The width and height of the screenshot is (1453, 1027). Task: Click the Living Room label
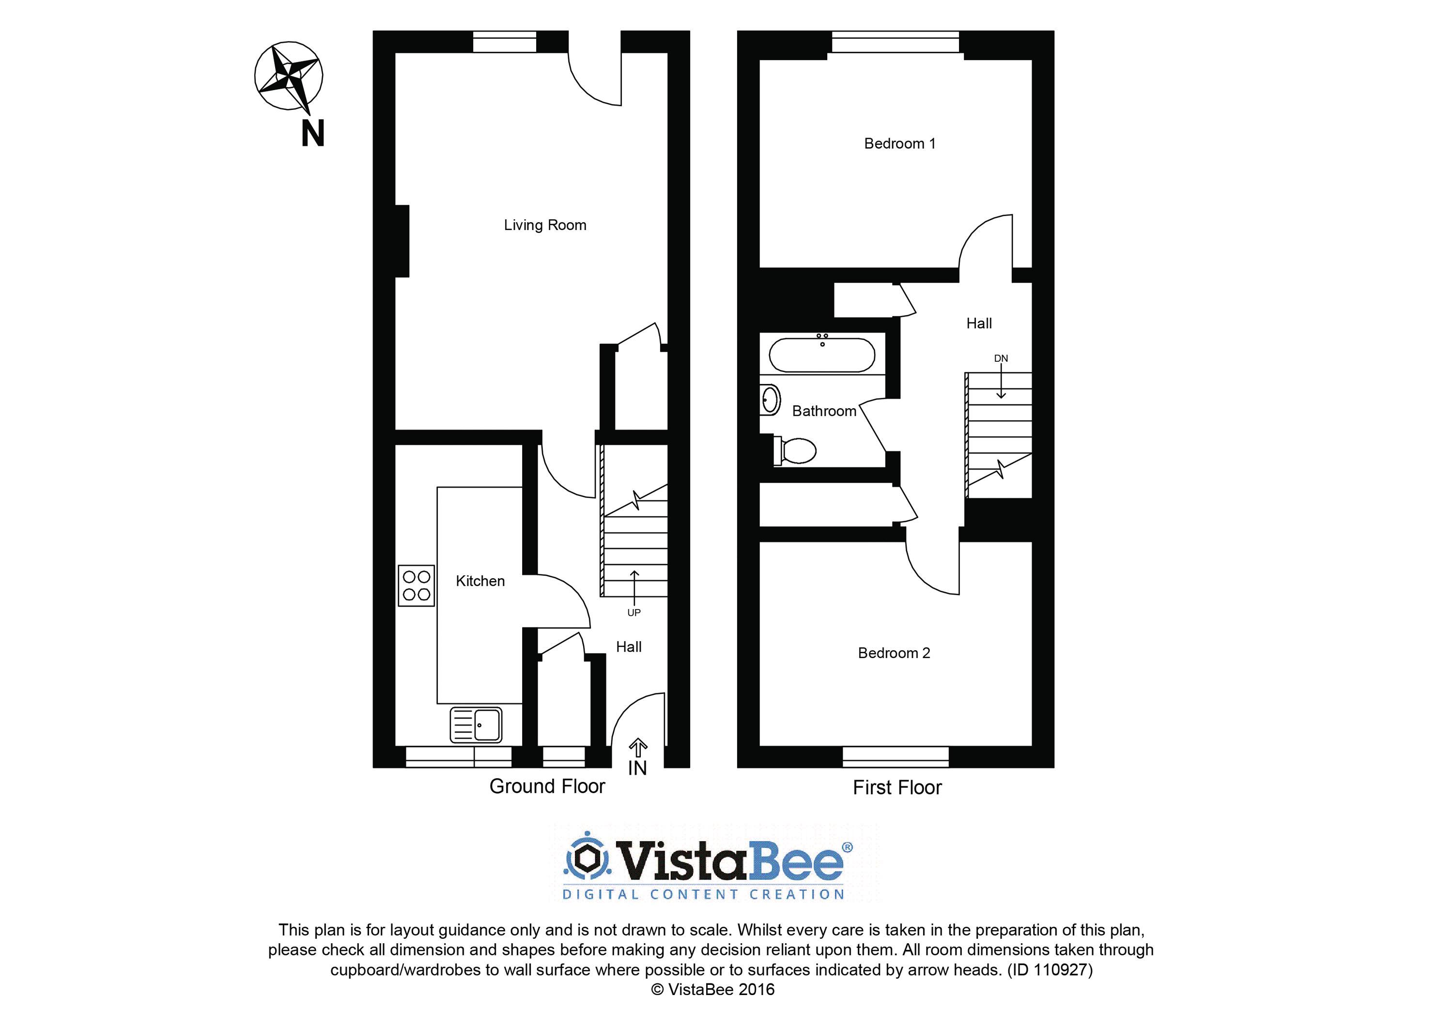coord(545,225)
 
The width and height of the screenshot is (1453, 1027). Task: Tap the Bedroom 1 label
coord(899,144)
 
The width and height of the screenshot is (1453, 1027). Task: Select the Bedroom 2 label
coord(894,653)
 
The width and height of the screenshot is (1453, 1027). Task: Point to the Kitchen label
coord(480,581)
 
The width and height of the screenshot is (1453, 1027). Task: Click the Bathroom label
coord(824,411)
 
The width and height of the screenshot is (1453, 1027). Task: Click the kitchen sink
coord(476,724)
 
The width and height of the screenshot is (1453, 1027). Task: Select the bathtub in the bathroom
coord(822,354)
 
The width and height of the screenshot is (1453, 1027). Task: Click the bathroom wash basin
coord(770,400)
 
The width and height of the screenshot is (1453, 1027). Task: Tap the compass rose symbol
coord(289,76)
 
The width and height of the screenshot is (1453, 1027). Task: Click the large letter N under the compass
coord(312,134)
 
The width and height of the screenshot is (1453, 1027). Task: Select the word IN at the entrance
coord(637,768)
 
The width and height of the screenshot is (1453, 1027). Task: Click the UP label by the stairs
coord(634,613)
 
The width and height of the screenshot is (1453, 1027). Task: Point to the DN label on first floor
coord(1001,358)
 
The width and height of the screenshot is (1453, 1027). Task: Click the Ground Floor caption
coord(547,786)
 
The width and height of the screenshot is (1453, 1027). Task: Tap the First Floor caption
coord(897,788)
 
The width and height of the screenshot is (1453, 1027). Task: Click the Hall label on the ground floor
coord(629,647)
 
